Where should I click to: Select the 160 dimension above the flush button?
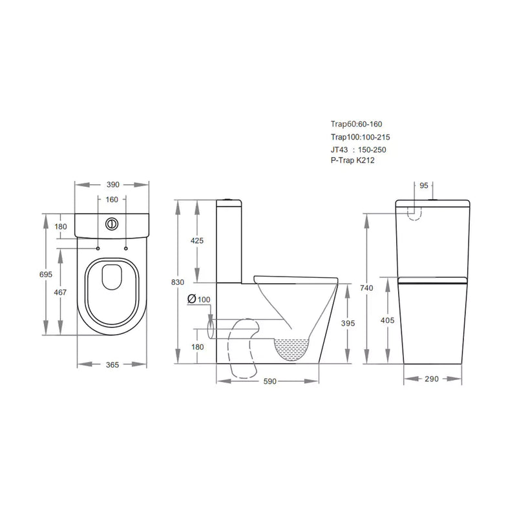(x=112, y=200)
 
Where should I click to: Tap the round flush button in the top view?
(x=112, y=224)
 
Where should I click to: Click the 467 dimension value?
(x=61, y=293)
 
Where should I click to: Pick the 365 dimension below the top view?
(x=112, y=365)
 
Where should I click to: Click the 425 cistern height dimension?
(x=197, y=241)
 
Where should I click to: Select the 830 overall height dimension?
(x=178, y=282)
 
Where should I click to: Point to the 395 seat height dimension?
(x=348, y=323)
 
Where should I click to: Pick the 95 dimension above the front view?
(x=425, y=185)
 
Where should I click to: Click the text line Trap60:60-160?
(x=361, y=125)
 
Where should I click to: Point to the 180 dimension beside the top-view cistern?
(x=61, y=227)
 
